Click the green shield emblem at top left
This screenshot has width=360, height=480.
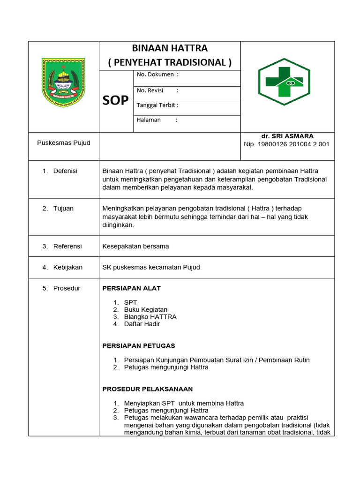click(63, 82)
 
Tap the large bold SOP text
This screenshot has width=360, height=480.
click(115, 100)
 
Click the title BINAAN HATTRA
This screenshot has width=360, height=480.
click(170, 49)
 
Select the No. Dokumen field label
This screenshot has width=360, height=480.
click(155, 75)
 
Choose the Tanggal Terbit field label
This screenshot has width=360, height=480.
click(157, 105)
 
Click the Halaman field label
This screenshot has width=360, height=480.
click(149, 120)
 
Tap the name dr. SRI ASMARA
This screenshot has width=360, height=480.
click(287, 136)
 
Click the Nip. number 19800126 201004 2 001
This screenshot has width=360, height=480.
click(286, 144)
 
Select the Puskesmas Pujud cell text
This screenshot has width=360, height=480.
click(64, 142)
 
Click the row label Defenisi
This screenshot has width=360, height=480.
click(65, 171)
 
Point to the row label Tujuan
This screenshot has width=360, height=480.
click(63, 209)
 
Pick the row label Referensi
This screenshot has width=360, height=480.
click(67, 246)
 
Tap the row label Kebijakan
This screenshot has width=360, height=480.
click(68, 267)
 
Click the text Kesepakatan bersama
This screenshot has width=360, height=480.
click(135, 246)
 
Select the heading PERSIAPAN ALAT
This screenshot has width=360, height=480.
click(131, 288)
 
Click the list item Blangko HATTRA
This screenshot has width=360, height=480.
click(150, 317)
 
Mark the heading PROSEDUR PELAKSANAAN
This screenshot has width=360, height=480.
click(148, 389)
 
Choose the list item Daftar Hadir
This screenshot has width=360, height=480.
click(142, 324)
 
